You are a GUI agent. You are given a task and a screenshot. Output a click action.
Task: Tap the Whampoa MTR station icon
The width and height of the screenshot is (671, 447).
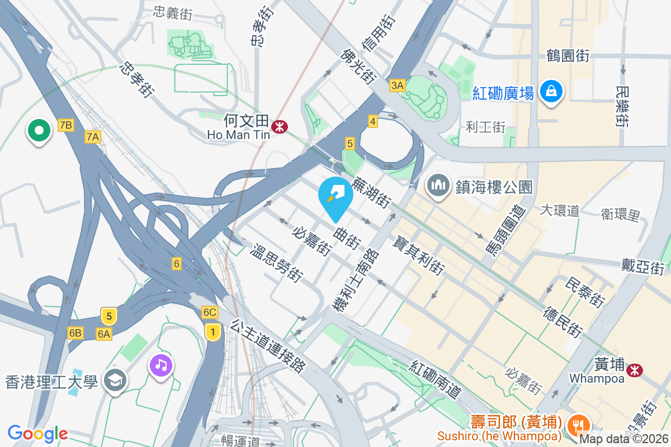634,370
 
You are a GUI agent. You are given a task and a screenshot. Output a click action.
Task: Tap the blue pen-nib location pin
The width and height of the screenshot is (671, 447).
335,195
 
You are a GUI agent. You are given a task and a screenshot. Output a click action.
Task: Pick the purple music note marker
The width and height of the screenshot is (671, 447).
161,366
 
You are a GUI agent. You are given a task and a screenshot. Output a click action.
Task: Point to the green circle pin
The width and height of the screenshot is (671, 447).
39,131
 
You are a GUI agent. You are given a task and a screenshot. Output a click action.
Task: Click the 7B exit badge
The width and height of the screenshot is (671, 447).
65,125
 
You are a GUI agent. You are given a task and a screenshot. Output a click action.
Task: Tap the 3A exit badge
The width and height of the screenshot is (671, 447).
397,85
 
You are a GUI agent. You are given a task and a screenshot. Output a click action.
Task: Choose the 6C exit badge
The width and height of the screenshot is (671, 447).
210,312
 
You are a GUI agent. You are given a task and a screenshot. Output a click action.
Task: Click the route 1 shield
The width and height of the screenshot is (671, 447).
212,332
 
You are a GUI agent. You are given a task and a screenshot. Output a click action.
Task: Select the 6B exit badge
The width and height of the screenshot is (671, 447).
75,334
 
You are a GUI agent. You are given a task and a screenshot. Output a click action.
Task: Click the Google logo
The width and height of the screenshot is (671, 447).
37,433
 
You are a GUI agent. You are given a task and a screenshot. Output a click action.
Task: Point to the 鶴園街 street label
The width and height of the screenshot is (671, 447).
568,56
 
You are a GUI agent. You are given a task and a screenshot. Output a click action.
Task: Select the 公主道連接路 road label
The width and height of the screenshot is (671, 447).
268,346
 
